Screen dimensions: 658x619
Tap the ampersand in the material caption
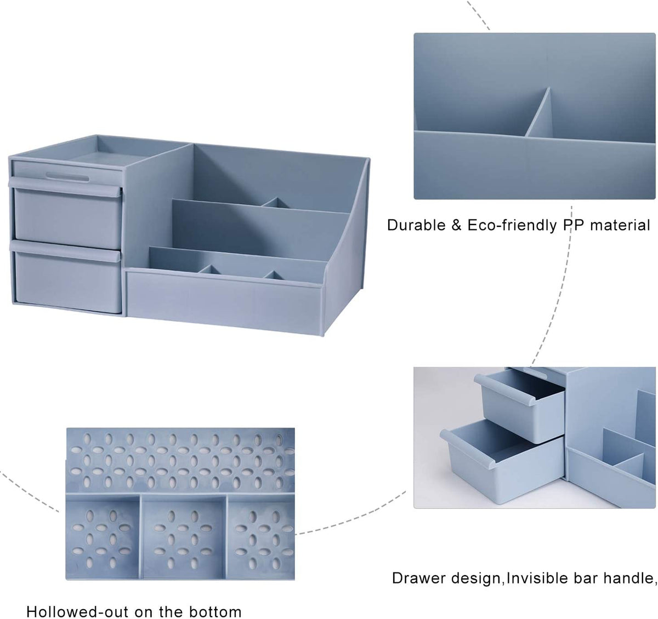pos(456,226)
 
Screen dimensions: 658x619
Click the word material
pos(620,226)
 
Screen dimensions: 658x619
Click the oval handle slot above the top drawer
pos(67,176)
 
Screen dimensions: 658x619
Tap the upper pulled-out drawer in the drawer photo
pos(520,405)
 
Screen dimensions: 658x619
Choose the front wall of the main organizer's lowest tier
pos(225,301)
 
